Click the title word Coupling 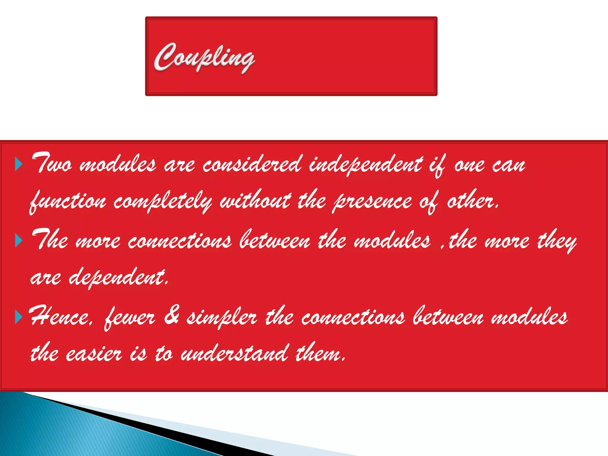(x=204, y=57)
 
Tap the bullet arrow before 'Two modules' (x=19, y=164)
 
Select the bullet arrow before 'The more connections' (x=19, y=240)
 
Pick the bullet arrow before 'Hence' (x=19, y=317)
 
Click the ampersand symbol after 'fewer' (x=172, y=316)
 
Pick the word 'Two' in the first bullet (x=52, y=163)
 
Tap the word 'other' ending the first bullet (x=472, y=201)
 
